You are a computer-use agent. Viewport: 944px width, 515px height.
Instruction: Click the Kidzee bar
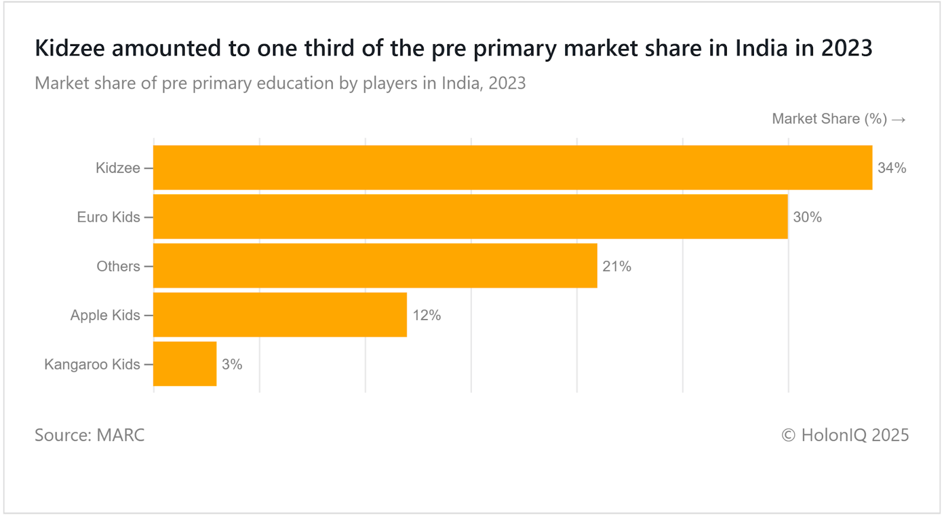coord(512,168)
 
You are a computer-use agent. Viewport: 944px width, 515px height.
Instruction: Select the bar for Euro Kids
coord(470,217)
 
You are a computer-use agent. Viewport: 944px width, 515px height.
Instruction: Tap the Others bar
coord(375,266)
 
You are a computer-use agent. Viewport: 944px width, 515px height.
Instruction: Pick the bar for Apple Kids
coord(280,315)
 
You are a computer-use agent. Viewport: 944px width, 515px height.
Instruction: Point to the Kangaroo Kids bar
coord(185,364)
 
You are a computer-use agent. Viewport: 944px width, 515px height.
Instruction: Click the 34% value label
coord(891,168)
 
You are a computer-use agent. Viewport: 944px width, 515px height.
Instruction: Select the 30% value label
coord(807,217)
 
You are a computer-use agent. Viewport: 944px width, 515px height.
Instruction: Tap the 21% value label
coord(617,266)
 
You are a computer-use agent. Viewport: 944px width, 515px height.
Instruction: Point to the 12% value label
coord(427,315)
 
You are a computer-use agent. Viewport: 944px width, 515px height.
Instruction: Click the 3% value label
coord(232,364)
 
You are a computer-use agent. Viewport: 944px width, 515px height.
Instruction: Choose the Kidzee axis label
coord(118,168)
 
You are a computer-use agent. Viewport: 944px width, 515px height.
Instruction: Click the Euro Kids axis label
coord(109,217)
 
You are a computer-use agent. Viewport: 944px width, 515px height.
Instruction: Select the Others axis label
coord(118,266)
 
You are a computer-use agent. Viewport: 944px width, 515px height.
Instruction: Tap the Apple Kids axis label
coord(105,315)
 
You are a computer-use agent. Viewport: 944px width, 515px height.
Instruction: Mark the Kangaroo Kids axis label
coord(92,364)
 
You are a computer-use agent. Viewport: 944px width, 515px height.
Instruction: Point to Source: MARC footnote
coord(90,435)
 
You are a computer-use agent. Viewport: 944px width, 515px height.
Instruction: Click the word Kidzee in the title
coord(70,48)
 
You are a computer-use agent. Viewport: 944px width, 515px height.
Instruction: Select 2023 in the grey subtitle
coord(507,83)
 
